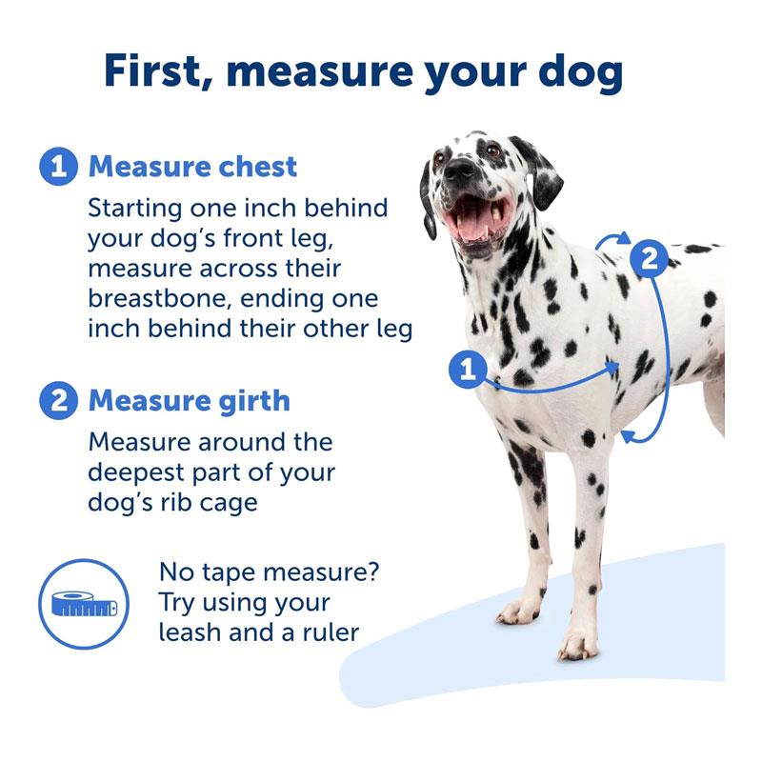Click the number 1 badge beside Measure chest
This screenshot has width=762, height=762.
(x=58, y=167)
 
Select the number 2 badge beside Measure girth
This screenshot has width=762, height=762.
(x=58, y=401)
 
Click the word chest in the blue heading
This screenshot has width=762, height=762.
(x=257, y=167)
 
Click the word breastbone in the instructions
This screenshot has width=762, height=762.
(x=157, y=298)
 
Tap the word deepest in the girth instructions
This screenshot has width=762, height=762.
(x=136, y=473)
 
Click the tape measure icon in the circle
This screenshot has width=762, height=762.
(x=85, y=604)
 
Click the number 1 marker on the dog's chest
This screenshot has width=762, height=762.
(x=468, y=369)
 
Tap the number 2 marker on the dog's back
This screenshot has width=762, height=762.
(x=650, y=259)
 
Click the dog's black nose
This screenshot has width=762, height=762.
(x=459, y=169)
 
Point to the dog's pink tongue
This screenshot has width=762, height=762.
(x=471, y=225)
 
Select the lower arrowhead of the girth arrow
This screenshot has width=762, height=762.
(x=629, y=435)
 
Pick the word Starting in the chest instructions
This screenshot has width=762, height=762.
(x=134, y=209)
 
